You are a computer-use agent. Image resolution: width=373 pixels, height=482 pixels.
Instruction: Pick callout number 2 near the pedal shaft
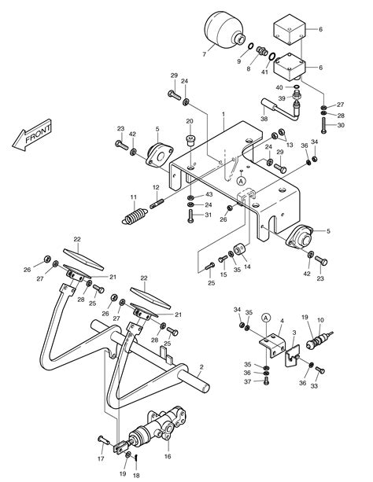(x=201, y=366)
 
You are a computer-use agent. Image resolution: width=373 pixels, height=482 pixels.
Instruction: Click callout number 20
(x=189, y=121)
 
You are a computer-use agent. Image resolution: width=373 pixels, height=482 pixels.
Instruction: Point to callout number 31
(x=208, y=216)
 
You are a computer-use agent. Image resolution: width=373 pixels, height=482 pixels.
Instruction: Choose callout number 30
(x=340, y=124)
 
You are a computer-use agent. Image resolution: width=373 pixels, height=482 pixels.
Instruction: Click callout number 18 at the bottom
(x=135, y=476)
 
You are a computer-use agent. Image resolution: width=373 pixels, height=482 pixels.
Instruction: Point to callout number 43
(x=208, y=194)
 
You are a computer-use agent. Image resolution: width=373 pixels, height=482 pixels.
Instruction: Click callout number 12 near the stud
(x=156, y=187)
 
